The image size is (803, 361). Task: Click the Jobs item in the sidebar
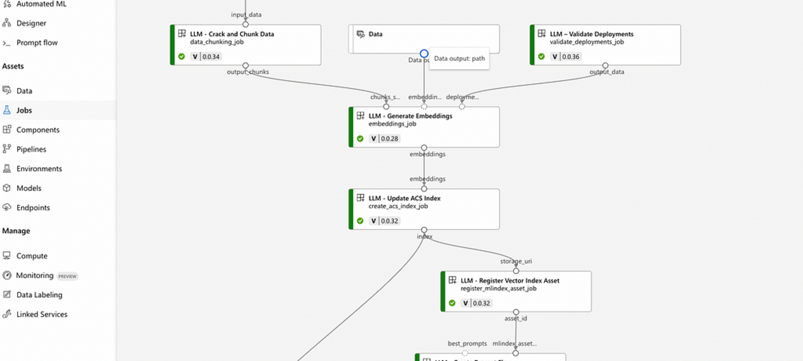pyautogui.click(x=24, y=110)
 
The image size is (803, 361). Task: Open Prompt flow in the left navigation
pyautogui.click(x=36, y=43)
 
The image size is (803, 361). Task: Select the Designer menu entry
pyautogui.click(x=31, y=23)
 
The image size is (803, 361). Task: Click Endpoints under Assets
pyautogui.click(x=33, y=208)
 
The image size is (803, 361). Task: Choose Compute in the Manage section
pyautogui.click(x=32, y=256)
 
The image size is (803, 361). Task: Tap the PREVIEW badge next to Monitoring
pyautogui.click(x=68, y=276)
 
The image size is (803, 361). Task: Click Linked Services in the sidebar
pyautogui.click(x=42, y=314)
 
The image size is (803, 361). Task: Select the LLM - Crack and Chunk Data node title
pyautogui.click(x=232, y=34)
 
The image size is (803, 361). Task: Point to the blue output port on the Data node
pyautogui.click(x=424, y=54)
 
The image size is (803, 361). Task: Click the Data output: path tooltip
pyautogui.click(x=459, y=59)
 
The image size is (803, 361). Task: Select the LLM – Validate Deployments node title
pyautogui.click(x=591, y=34)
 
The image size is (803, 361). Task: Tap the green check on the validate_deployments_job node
pyautogui.click(x=541, y=57)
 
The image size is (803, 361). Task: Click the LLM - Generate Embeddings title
pyautogui.click(x=410, y=116)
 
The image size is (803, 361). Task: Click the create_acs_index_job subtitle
pyautogui.click(x=398, y=207)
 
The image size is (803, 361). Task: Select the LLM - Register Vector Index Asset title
pyautogui.click(x=510, y=281)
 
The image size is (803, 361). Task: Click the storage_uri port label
pyautogui.click(x=516, y=262)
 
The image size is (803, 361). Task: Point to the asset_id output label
pyautogui.click(x=516, y=319)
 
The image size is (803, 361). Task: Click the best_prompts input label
pyautogui.click(x=467, y=344)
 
